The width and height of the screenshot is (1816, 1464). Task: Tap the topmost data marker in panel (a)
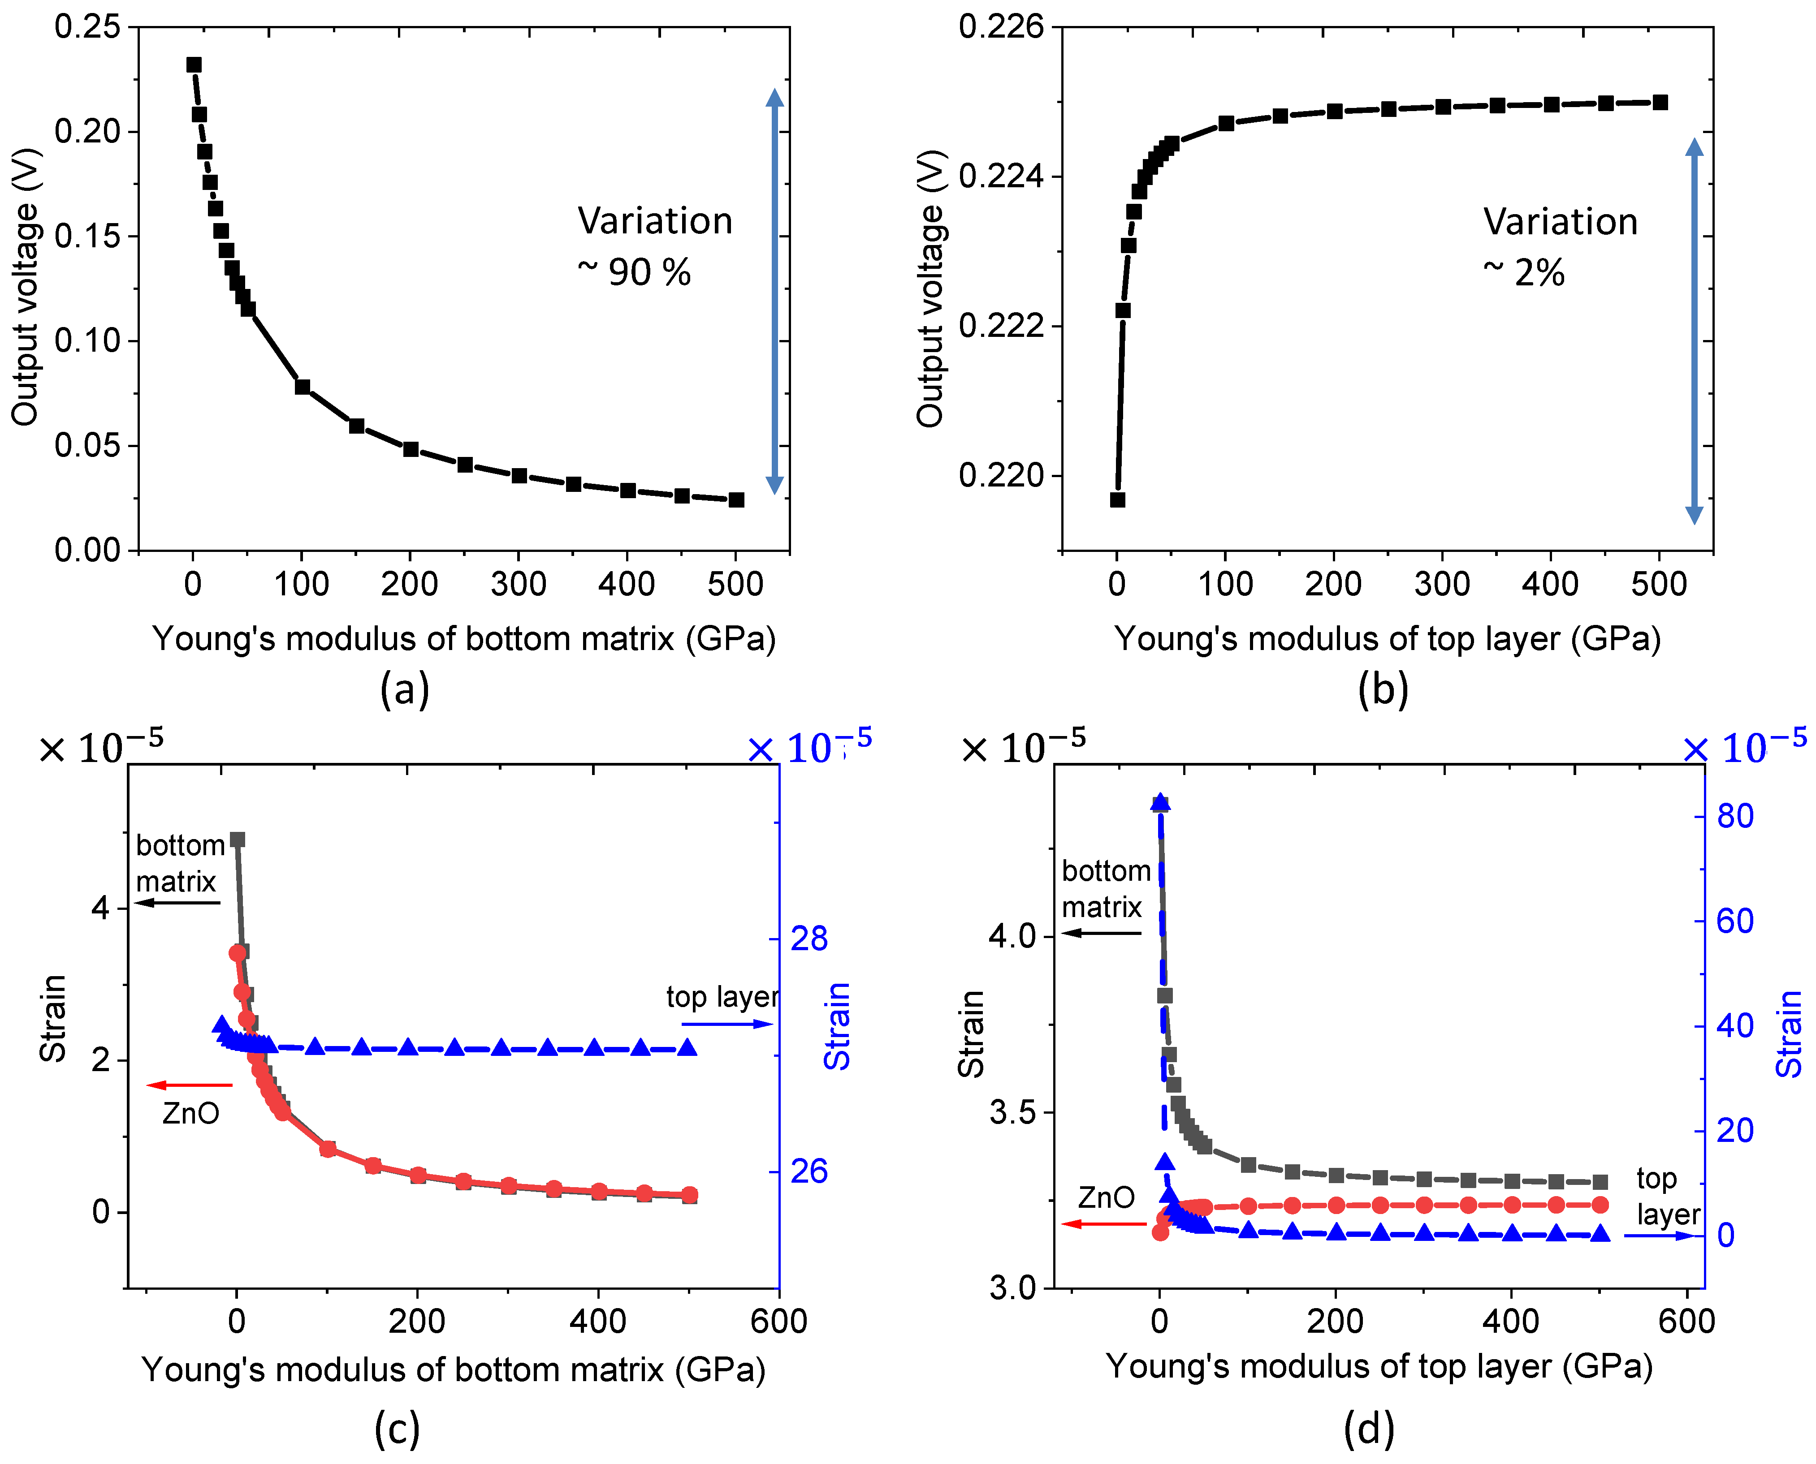[194, 65]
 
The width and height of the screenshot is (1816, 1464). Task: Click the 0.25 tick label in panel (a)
[88, 27]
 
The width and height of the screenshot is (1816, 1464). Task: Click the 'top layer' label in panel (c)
[722, 997]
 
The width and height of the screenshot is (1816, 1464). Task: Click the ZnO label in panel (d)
[1106, 1197]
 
